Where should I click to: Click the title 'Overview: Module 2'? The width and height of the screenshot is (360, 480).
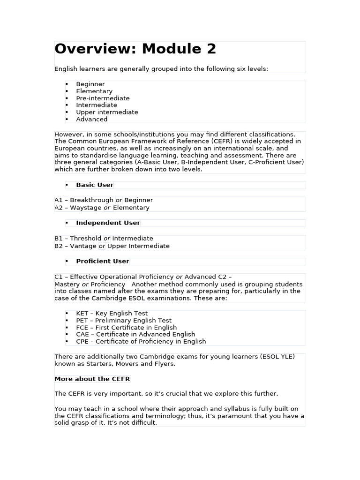135,49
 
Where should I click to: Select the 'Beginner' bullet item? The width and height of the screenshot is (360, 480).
90,84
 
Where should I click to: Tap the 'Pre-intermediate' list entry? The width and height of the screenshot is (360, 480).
103,98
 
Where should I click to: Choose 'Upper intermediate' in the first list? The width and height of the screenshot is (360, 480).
107,112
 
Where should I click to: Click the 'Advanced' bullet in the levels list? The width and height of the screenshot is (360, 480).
92,120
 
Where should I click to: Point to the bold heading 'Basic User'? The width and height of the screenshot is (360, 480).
95,185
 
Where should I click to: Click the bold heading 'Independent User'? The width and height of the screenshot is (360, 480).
108,223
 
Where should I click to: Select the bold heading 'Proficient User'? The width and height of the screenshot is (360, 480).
102,261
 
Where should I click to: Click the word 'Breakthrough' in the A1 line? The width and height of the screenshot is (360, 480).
92,200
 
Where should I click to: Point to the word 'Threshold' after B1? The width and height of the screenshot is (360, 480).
86,239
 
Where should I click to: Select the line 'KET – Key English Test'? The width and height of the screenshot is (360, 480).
112,314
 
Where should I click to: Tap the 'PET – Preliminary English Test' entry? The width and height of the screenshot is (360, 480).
124,321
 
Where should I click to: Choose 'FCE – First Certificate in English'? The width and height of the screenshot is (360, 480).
127,328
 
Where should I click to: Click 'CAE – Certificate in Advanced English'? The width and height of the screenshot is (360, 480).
135,335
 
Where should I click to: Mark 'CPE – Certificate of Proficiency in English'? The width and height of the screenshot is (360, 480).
141,342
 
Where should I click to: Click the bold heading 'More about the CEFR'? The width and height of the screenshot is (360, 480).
92,379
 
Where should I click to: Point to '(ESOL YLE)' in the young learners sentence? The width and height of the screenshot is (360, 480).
277,357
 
